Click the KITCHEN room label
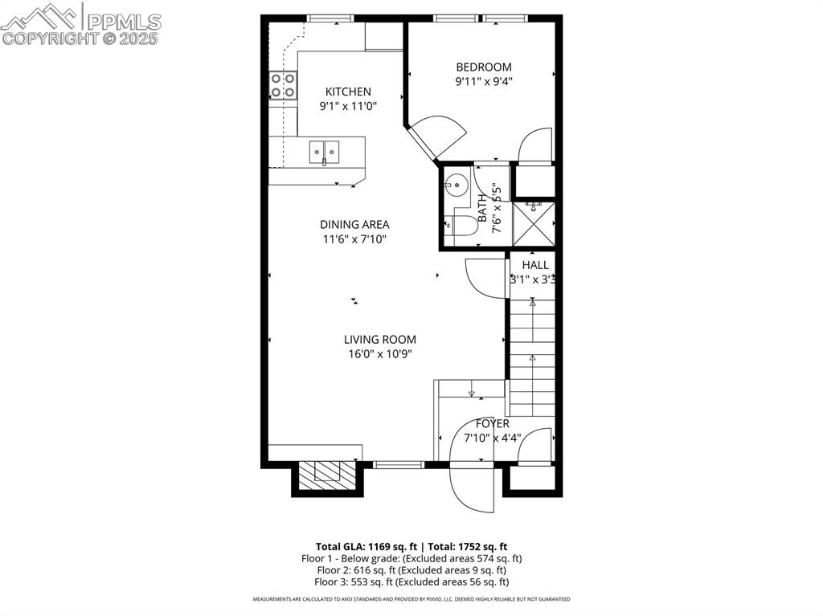[x=348, y=92]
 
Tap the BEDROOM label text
[x=483, y=67]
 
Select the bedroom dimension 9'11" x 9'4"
[x=483, y=80]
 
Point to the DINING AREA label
[x=354, y=225]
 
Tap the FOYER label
[x=492, y=424]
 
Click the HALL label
[x=535, y=265]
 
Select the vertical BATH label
[x=482, y=208]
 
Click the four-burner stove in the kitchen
[x=282, y=85]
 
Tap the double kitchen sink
[x=324, y=150]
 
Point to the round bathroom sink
[x=456, y=185]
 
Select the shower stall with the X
[x=534, y=224]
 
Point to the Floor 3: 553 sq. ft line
[x=411, y=582]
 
